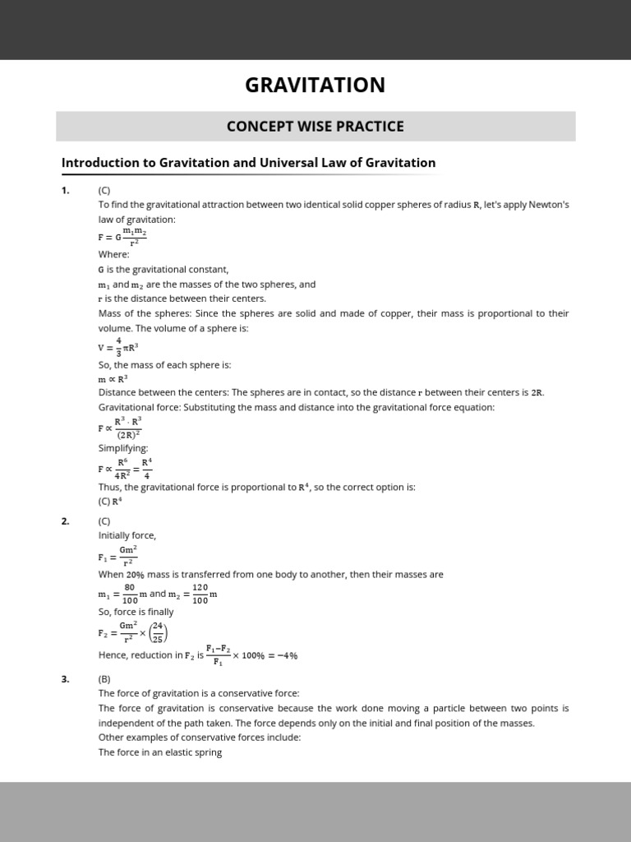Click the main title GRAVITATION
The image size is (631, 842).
point(315,85)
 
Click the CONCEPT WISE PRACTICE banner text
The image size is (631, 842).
point(315,127)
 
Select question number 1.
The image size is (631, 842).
point(65,190)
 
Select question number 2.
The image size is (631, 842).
point(65,520)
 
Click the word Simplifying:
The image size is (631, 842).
point(123,448)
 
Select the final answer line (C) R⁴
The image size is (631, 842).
point(110,501)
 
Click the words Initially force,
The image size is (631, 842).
point(127,535)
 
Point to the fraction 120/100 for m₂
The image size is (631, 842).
point(200,594)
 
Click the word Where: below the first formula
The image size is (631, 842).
point(113,254)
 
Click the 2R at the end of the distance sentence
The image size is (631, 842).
point(537,392)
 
